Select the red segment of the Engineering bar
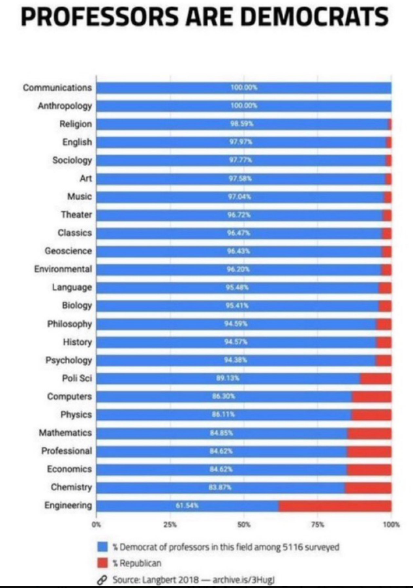(x=335, y=505)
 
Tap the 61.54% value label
(x=187, y=505)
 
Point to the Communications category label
(x=57, y=87)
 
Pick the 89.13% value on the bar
(x=226, y=378)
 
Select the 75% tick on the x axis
(x=318, y=524)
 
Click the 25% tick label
(x=170, y=524)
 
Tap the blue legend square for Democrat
(x=102, y=547)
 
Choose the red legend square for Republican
(x=102, y=562)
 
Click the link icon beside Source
(x=102, y=578)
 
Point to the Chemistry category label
(x=71, y=487)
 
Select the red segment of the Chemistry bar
(x=368, y=487)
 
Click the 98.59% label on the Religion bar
(x=244, y=124)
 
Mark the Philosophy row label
(x=69, y=323)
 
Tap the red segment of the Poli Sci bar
(x=376, y=378)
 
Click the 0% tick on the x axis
(x=97, y=524)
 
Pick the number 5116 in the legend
(x=289, y=547)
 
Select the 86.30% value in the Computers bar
(x=224, y=396)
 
